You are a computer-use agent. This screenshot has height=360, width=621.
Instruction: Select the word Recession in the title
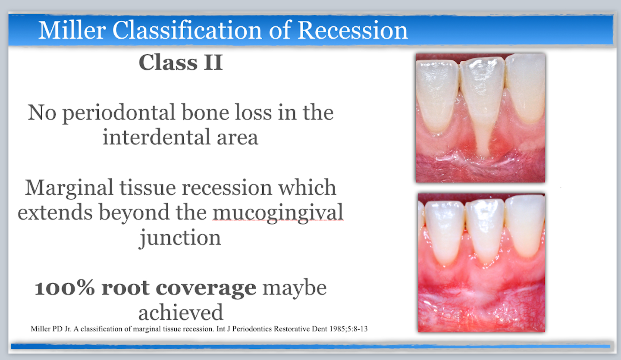pyautogui.click(x=352, y=30)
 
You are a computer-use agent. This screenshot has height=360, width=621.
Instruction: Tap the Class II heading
pyautogui.click(x=181, y=63)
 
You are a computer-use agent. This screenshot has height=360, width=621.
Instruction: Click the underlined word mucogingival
pyautogui.click(x=278, y=213)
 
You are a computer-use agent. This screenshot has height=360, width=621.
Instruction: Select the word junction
pyautogui.click(x=180, y=238)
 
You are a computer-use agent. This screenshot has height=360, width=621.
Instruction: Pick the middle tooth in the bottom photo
pyautogui.click(x=485, y=229)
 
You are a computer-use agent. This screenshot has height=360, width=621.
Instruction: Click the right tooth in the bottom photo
pyautogui.click(x=525, y=224)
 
